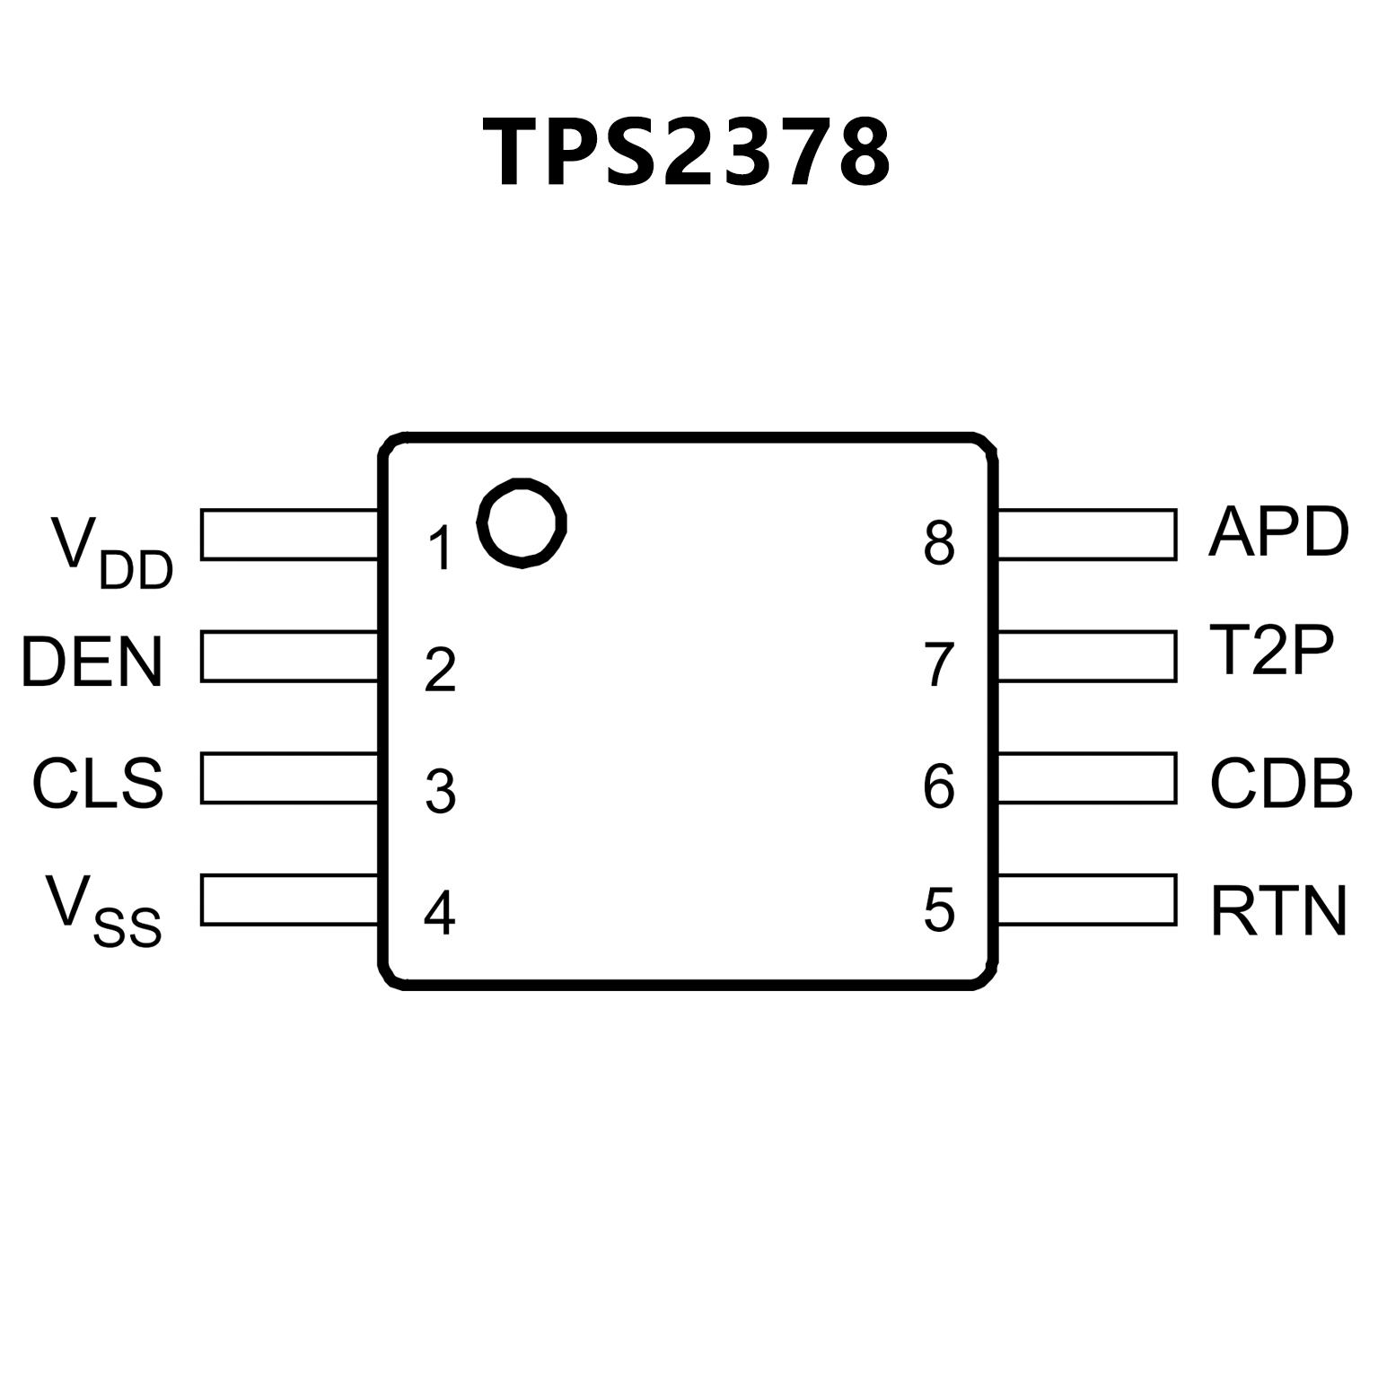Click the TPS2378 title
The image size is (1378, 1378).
[x=687, y=153]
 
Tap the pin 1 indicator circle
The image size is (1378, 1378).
[x=522, y=522]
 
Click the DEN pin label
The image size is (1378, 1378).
[x=92, y=663]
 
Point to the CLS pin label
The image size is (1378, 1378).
[x=98, y=784]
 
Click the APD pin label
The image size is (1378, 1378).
[x=1277, y=531]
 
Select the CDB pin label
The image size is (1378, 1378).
[x=1281, y=784]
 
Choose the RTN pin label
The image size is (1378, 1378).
[x=1278, y=911]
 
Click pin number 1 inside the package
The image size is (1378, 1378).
[x=440, y=549]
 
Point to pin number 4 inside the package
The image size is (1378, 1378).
[x=439, y=913]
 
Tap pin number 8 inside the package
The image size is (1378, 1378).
[x=938, y=543]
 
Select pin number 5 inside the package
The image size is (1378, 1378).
[x=938, y=909]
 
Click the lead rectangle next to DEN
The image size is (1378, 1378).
[x=289, y=656]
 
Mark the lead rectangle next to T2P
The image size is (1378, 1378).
[x=1086, y=656]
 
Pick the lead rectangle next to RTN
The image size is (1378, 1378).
[x=1086, y=900]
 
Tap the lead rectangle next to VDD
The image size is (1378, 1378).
[x=289, y=535]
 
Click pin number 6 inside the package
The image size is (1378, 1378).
[x=938, y=786]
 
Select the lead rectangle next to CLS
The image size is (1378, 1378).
[x=289, y=777]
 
